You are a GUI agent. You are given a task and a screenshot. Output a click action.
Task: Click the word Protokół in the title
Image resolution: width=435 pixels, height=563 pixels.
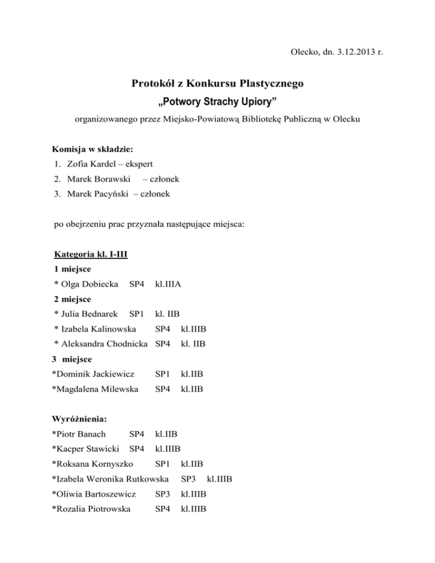[x=154, y=84]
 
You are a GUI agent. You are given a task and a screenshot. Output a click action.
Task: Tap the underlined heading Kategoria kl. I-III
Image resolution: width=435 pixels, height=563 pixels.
[x=90, y=254]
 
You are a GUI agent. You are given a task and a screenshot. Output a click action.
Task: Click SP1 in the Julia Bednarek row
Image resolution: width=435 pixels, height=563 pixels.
[x=136, y=313]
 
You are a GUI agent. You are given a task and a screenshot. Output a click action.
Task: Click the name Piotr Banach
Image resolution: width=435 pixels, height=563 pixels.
[x=80, y=435]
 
